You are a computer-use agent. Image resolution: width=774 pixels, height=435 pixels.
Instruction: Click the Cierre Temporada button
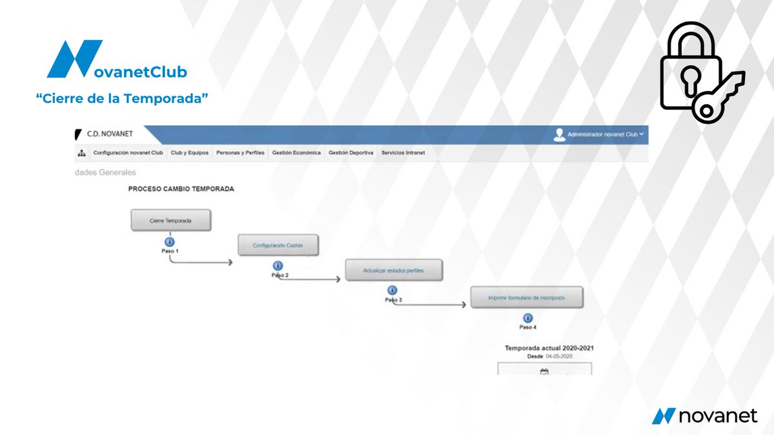tap(170, 220)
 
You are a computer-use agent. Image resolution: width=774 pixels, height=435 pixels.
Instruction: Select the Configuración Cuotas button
tap(277, 245)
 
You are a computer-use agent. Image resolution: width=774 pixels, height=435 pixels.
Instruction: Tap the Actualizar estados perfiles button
tap(393, 270)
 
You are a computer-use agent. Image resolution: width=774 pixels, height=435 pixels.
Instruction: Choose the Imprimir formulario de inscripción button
tap(527, 298)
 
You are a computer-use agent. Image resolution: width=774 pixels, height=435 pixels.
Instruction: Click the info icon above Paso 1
tap(170, 242)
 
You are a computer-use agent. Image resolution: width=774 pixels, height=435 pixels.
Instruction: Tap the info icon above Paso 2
tap(278, 266)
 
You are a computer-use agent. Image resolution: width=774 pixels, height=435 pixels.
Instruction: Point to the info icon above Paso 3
tap(393, 290)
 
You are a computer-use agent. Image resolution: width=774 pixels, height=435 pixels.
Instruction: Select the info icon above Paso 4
tap(528, 318)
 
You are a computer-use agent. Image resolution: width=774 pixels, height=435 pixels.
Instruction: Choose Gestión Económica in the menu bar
tap(297, 153)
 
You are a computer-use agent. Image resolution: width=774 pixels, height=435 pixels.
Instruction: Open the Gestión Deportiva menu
tap(351, 153)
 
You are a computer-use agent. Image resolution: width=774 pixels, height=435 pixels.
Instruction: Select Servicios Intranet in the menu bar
tap(403, 153)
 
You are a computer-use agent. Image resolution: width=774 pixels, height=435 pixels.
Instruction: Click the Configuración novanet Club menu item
tap(128, 153)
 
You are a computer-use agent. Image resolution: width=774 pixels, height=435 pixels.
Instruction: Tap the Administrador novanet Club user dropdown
tap(600, 134)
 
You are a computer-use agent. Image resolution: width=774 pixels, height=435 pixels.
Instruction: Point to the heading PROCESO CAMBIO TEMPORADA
tap(181, 189)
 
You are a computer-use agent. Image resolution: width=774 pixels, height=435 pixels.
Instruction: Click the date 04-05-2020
tap(559, 356)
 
